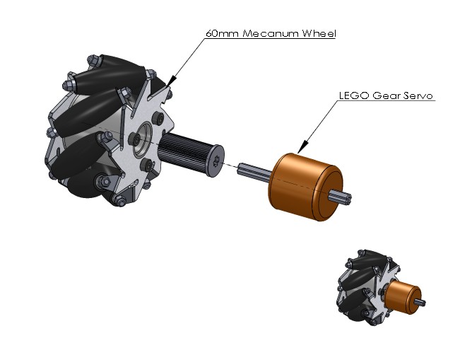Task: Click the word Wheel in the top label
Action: pyautogui.click(x=319, y=33)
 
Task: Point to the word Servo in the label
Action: pyautogui.click(x=418, y=95)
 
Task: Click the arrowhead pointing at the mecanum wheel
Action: pyautogui.click(x=170, y=82)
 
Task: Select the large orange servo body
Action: pyautogui.click(x=305, y=187)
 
